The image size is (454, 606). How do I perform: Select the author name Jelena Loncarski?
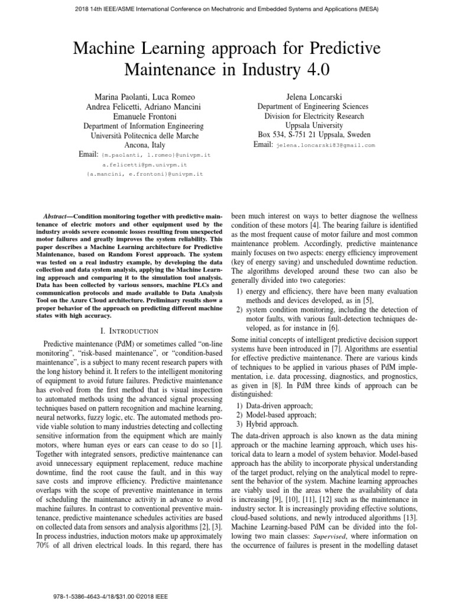click(x=303, y=96)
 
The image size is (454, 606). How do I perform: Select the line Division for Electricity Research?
click(x=303, y=117)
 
